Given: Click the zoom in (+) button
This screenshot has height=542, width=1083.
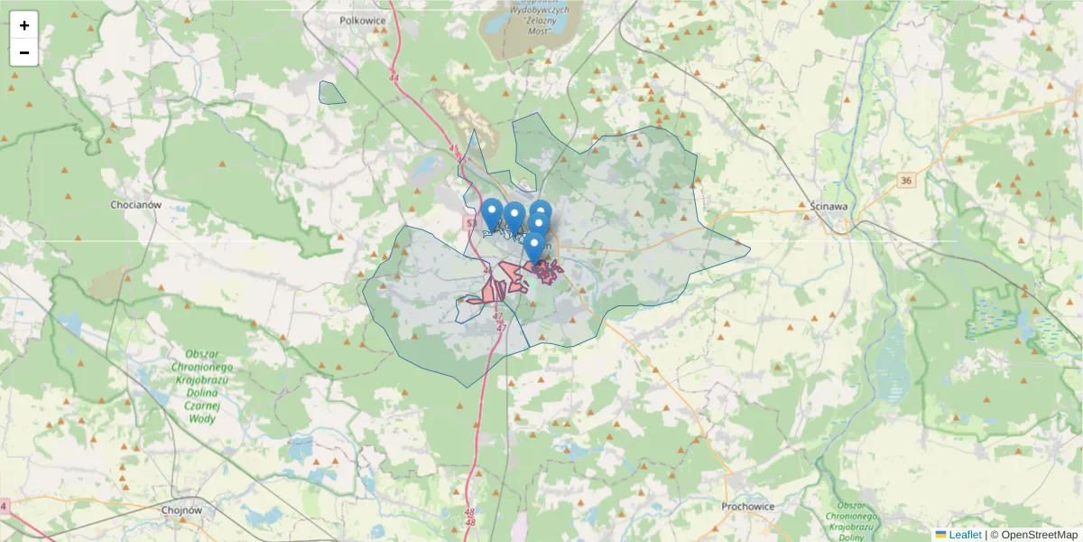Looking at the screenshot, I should pos(24,25).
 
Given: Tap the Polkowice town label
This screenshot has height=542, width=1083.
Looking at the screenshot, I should pos(363,20).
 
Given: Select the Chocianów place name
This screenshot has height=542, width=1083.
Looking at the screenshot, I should pos(135,205).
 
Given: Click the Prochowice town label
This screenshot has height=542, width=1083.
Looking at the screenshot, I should pos(748,507).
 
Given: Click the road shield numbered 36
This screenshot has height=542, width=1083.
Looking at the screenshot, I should pos(906,182).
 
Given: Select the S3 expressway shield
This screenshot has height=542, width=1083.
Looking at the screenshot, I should pos(470,221).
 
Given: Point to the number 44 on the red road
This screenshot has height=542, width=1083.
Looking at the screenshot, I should pos(394,79).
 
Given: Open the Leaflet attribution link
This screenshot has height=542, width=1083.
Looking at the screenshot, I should pos(965,535).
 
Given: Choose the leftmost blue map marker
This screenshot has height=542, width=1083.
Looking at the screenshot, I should pos(492,215).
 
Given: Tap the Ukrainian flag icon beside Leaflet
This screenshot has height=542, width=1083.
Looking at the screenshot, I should pos(941,535).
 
